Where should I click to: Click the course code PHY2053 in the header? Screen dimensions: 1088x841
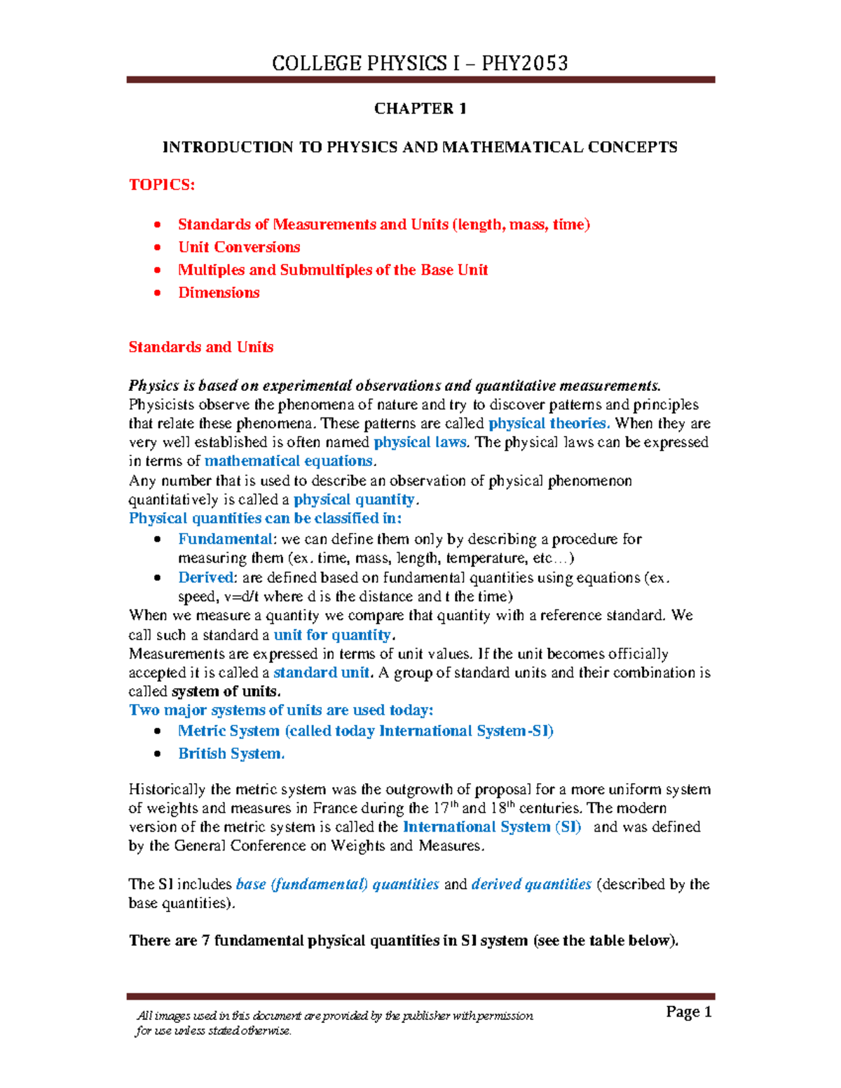(x=525, y=64)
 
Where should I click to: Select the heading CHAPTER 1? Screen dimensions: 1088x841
(x=420, y=109)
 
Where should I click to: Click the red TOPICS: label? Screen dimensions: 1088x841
(x=162, y=185)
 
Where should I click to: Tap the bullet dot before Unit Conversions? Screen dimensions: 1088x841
(x=158, y=247)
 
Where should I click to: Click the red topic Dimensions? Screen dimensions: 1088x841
(x=219, y=293)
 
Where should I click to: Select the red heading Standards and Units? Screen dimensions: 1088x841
(x=201, y=347)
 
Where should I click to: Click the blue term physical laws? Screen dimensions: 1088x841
(x=420, y=443)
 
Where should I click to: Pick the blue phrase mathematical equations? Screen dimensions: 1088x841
(x=289, y=462)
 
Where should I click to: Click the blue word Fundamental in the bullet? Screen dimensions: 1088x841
(x=225, y=539)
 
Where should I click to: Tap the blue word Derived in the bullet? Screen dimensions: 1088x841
(x=205, y=578)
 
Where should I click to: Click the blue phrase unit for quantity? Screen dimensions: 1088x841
(x=332, y=635)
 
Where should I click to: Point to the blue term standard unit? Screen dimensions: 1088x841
(x=321, y=673)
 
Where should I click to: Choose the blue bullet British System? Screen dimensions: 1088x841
(x=231, y=754)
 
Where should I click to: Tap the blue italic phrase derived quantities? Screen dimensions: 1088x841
(x=531, y=885)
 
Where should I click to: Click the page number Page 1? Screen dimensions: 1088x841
(x=688, y=1012)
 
